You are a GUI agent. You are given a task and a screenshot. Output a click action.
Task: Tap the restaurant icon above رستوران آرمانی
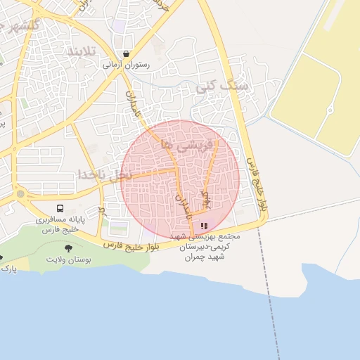(125, 53)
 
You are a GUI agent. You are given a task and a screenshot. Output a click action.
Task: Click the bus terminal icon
(60, 209)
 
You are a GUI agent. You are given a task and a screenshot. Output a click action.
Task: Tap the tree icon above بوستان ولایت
(68, 248)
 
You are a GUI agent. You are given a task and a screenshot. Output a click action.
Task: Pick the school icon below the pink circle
(204, 226)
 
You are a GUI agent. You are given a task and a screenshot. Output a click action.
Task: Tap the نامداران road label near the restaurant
(134, 105)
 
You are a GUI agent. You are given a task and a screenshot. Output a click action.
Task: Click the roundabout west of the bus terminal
(20, 193)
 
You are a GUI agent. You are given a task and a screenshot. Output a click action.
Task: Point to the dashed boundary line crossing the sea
(271, 302)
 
